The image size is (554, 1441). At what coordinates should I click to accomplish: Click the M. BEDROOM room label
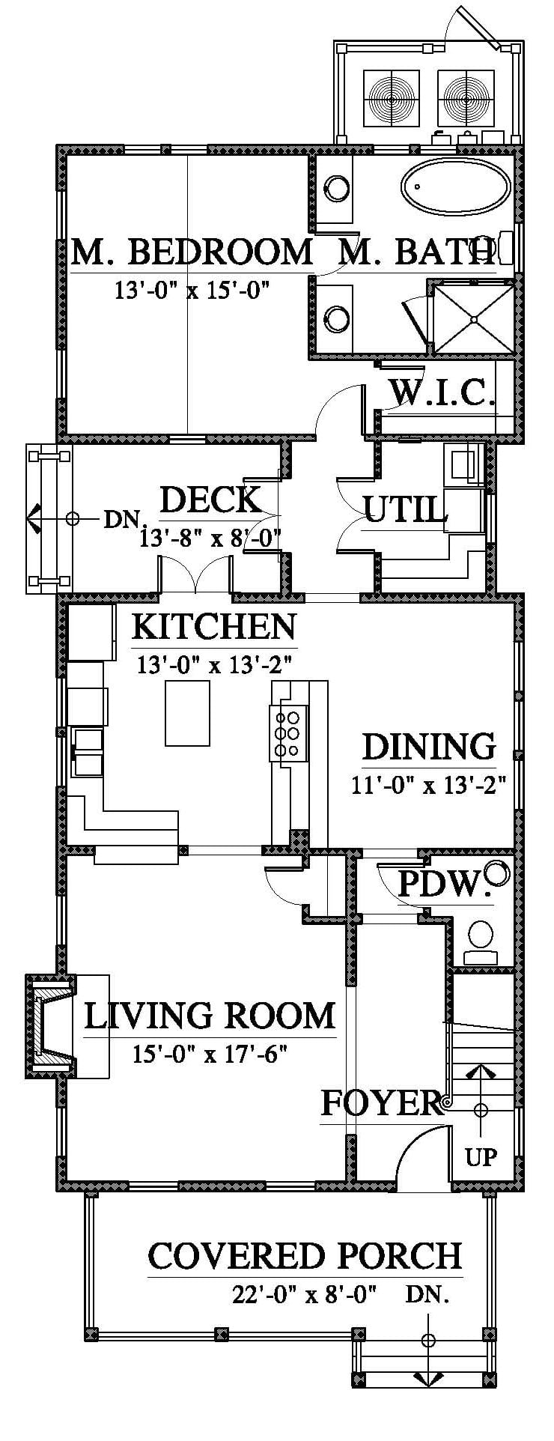coord(192,252)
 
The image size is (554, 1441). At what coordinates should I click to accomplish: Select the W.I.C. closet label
coord(442,392)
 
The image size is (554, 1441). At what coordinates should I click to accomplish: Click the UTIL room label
coord(406,511)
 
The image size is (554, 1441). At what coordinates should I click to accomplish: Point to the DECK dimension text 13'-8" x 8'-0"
coord(210,538)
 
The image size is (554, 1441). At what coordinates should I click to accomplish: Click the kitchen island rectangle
coord(187,713)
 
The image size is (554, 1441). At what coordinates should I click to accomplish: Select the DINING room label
coord(429,747)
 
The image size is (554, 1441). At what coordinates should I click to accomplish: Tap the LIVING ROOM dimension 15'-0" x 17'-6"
coord(210,1055)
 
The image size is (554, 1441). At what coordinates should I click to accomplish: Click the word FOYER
coord(381,1103)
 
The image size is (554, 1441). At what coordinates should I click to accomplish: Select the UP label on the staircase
coord(481,1157)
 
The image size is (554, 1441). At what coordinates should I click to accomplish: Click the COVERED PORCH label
coord(305,1256)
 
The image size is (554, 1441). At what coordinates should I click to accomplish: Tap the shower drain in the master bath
coord(474,318)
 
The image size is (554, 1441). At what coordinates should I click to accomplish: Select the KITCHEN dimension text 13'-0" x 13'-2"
coord(213,665)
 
